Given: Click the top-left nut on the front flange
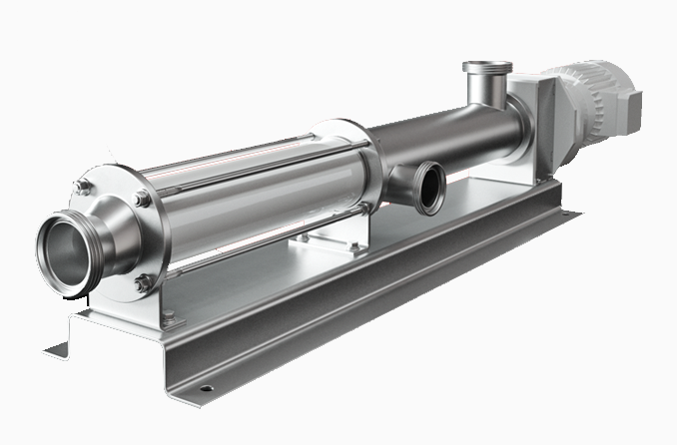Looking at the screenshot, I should coord(85,186).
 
